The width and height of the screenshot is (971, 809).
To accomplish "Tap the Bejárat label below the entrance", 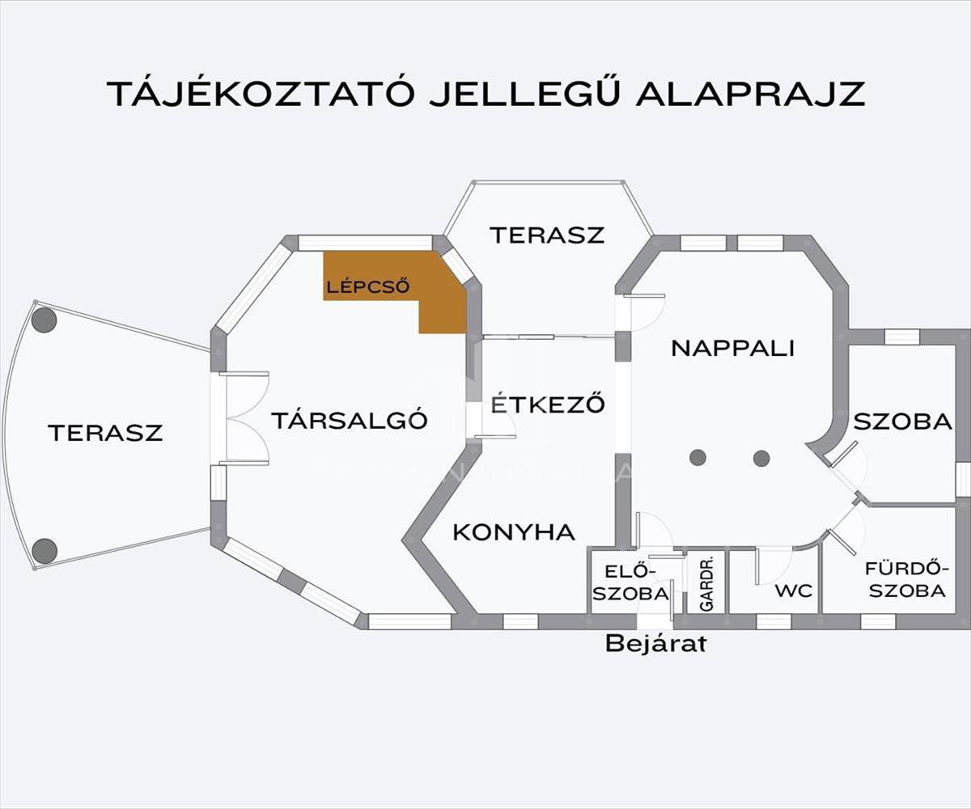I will (x=656, y=644).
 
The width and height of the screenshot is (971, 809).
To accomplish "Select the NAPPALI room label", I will (x=732, y=348).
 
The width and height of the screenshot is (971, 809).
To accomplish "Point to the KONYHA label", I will (x=514, y=532).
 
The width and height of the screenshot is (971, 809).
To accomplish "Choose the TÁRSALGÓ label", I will (x=349, y=421).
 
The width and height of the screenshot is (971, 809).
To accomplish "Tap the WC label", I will (x=793, y=591).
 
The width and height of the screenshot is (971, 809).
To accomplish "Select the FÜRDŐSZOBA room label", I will (x=905, y=578).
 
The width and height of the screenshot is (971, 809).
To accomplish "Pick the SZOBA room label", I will (x=902, y=421).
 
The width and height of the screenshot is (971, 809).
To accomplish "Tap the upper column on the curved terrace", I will (x=45, y=320).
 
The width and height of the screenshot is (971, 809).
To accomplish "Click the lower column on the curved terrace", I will (x=45, y=551).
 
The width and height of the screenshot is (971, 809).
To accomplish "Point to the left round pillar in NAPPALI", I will (x=698, y=458).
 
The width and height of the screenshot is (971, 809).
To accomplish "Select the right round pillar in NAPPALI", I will (x=761, y=459).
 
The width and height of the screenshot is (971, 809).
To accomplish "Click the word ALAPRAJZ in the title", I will (x=750, y=94).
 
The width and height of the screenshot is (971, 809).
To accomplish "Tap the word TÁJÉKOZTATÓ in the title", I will (x=261, y=94).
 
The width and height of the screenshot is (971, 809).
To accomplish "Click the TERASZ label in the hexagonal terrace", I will (x=547, y=235).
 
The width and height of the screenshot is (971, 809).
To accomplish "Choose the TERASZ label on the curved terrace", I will (x=105, y=433).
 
